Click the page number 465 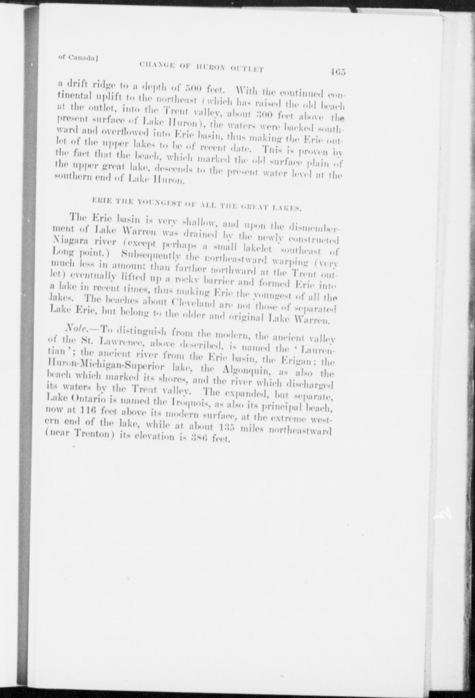coord(337,72)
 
